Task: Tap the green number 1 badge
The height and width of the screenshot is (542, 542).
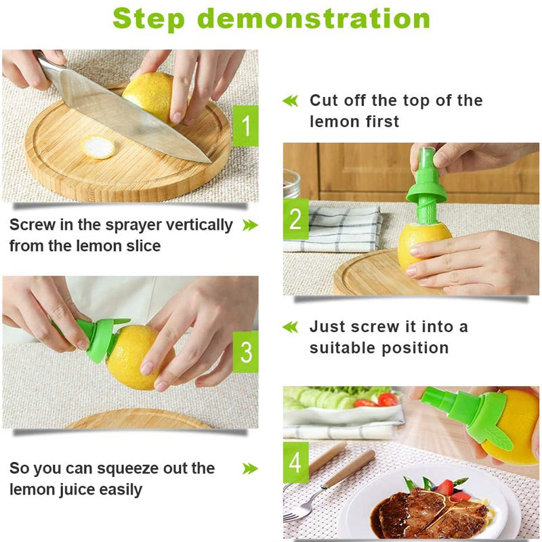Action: pyautogui.click(x=245, y=126)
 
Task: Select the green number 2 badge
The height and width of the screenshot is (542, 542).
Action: pyautogui.click(x=295, y=220)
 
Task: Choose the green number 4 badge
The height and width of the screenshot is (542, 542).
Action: pyautogui.click(x=295, y=463)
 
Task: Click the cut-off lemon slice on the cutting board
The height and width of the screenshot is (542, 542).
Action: pyautogui.click(x=99, y=147)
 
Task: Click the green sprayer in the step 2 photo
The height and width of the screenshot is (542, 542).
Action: pyautogui.click(x=427, y=183)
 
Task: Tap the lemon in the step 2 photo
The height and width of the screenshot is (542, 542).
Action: pyautogui.click(x=421, y=245)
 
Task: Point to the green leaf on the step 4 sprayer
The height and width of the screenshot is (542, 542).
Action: pyautogui.click(x=499, y=436)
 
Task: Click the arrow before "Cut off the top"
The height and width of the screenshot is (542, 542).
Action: pyautogui.click(x=290, y=101)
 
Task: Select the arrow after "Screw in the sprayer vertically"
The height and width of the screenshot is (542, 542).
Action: pyautogui.click(x=250, y=225)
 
